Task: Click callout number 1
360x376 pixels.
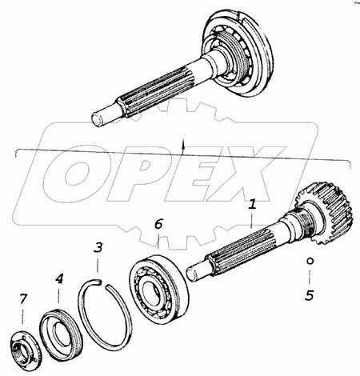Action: pyautogui.click(x=253, y=204)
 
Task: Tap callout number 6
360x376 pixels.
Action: pyautogui.click(x=158, y=224)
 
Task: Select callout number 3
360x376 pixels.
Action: pyautogui.click(x=98, y=248)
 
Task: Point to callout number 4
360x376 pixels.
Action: pyautogui.click(x=59, y=278)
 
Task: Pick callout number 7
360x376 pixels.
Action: pyautogui.click(x=23, y=299)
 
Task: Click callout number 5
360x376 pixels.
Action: pyautogui.click(x=310, y=295)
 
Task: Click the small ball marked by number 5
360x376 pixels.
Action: pyautogui.click(x=310, y=261)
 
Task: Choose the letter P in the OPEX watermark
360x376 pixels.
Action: pyautogui.click(x=142, y=174)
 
